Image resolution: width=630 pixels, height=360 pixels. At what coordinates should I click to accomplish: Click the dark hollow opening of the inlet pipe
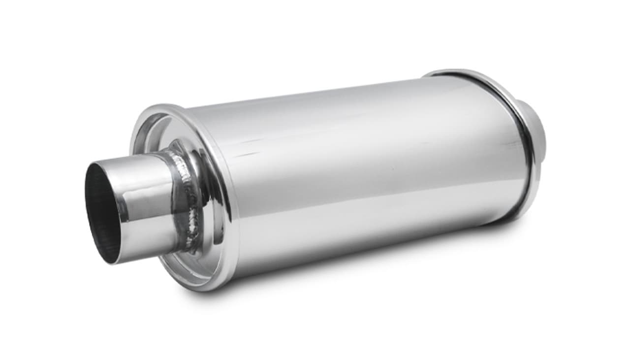(101, 212)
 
